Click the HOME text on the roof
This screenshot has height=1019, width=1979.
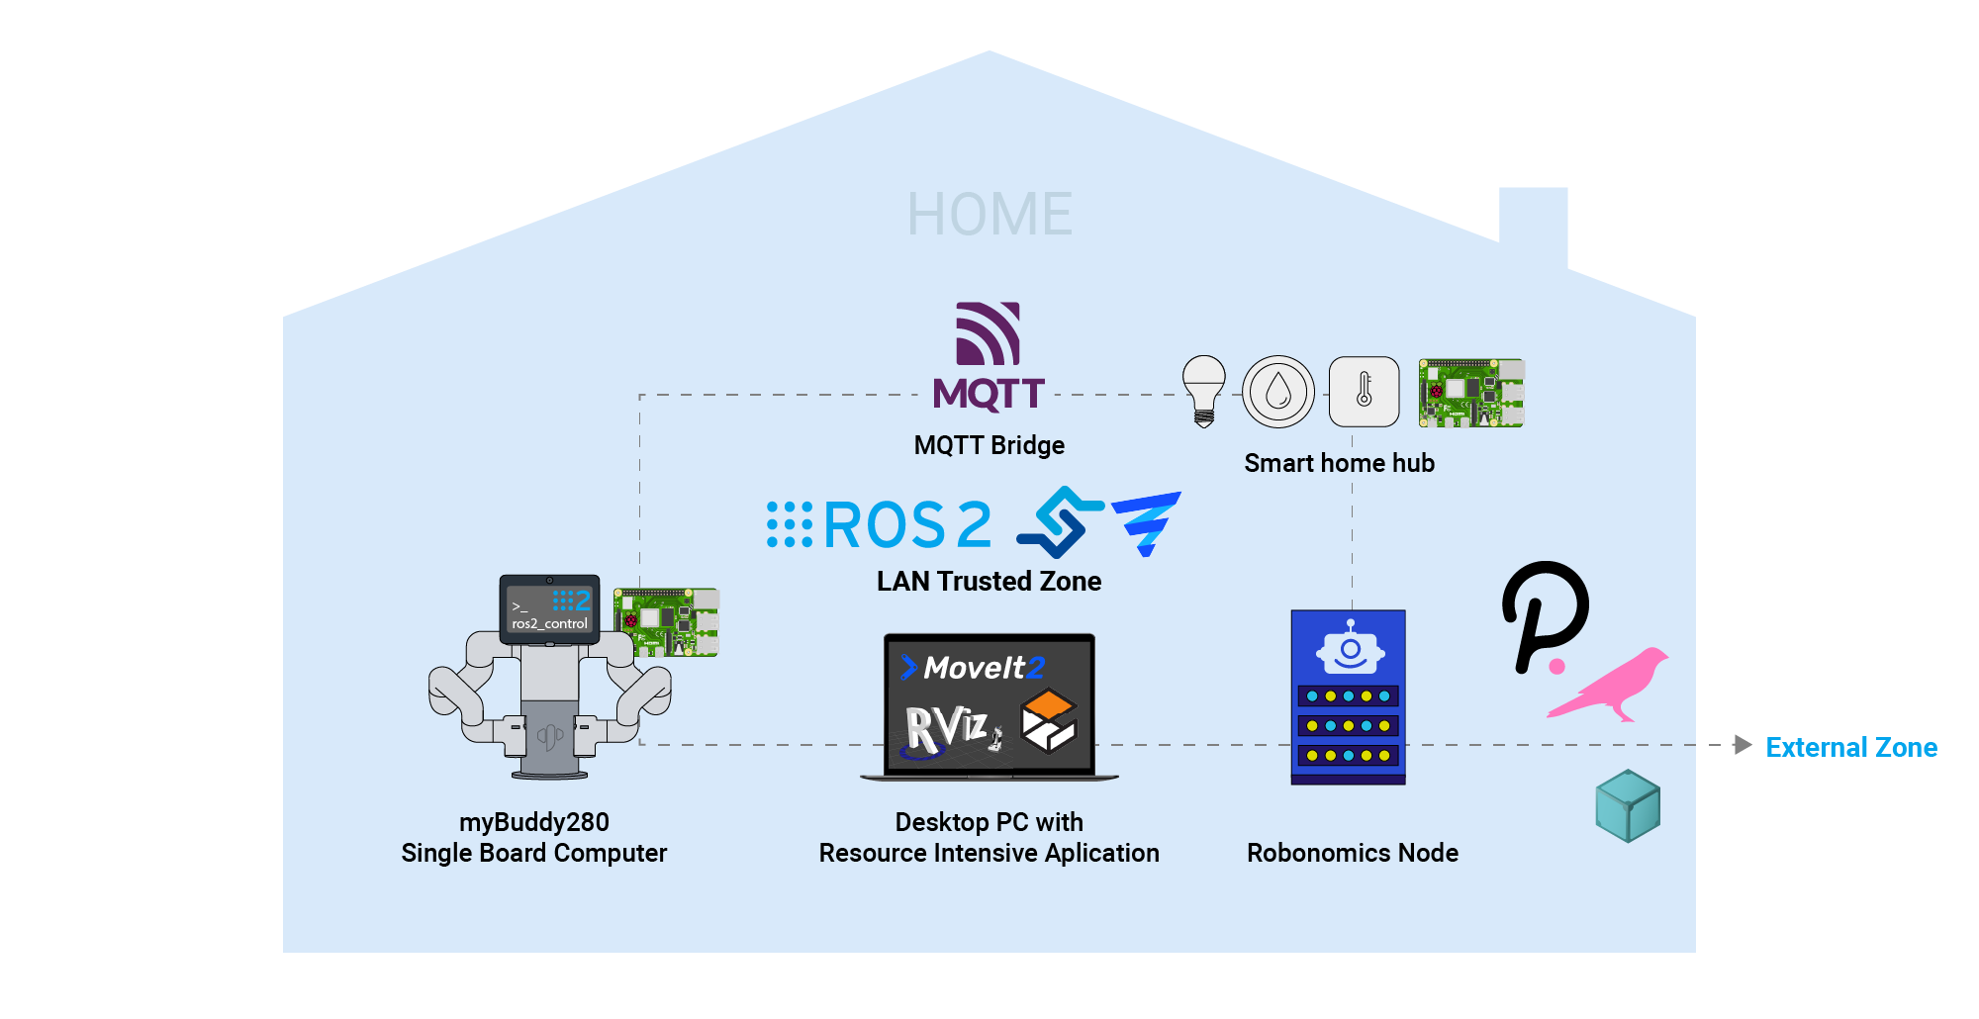[x=989, y=214]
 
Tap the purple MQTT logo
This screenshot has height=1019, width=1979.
[x=989, y=356]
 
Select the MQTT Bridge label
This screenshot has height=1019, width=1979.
[x=989, y=445]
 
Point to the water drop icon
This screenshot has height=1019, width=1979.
[x=1278, y=392]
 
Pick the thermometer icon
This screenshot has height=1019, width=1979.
[x=1364, y=392]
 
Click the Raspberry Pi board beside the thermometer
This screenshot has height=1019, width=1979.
[x=1471, y=393]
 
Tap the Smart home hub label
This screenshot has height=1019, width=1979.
[x=1339, y=463]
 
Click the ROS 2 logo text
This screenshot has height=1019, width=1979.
[x=906, y=524]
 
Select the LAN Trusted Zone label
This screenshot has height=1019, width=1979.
[x=989, y=581]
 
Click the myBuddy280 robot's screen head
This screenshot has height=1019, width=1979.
[x=550, y=609]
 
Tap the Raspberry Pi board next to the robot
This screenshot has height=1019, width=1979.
[x=666, y=622]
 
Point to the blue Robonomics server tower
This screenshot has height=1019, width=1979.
[x=1348, y=696]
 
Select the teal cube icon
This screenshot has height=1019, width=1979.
[x=1628, y=806]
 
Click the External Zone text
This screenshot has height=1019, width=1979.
[x=1851, y=747]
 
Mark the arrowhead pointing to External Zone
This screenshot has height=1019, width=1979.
[x=1743, y=745]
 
